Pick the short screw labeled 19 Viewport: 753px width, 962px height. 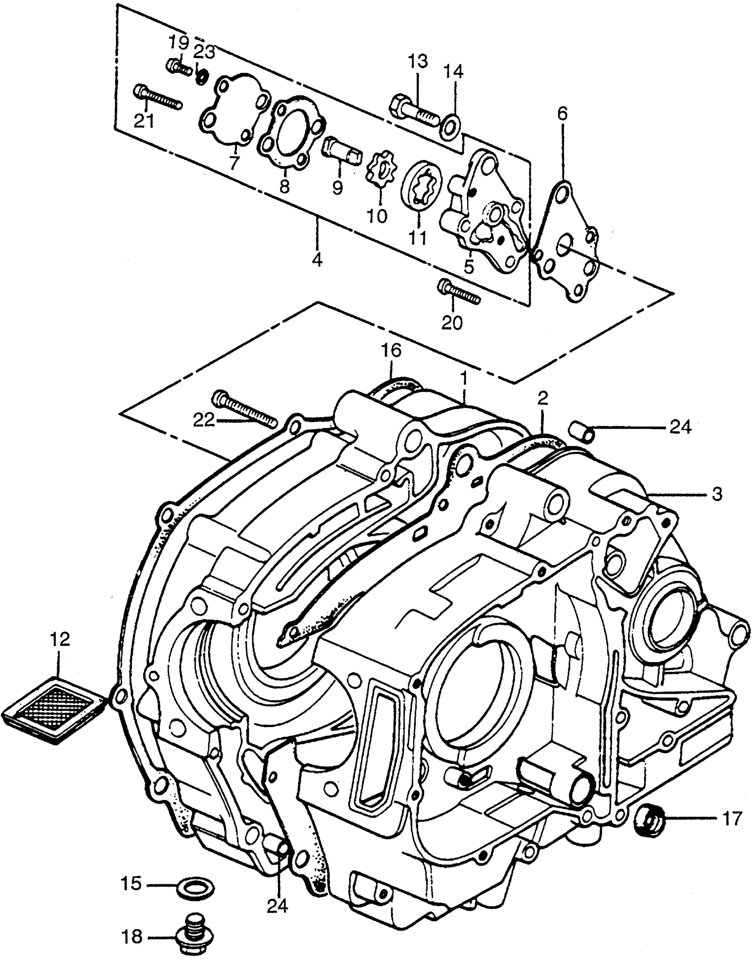pyautogui.click(x=179, y=67)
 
